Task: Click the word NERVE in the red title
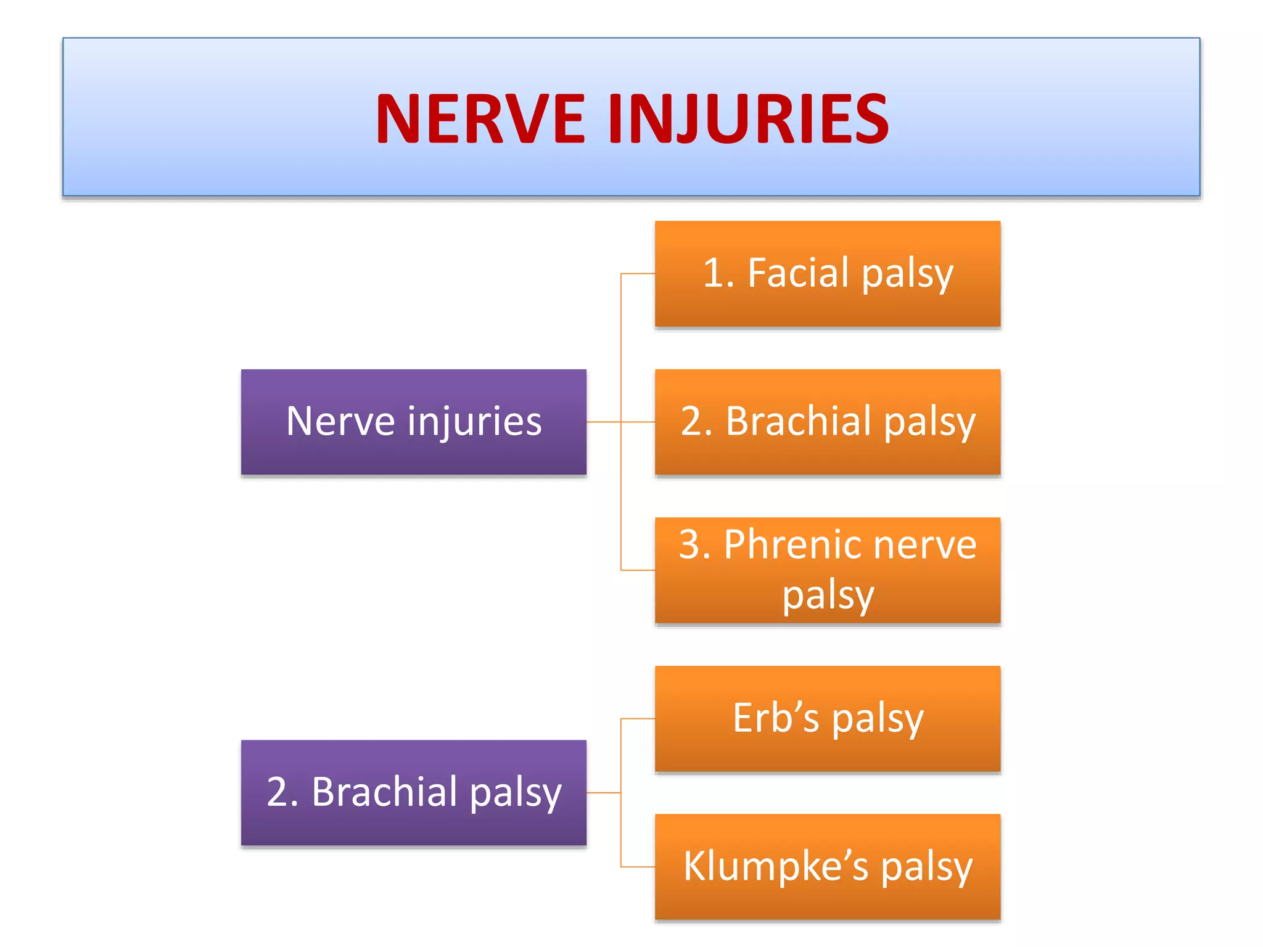[x=480, y=118]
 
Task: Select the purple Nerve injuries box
[x=413, y=422]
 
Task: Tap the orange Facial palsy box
[x=827, y=274]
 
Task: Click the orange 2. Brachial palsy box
[x=827, y=422]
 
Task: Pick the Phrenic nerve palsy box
[x=827, y=570]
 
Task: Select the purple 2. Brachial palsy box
[x=413, y=792]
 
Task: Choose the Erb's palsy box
[x=827, y=718]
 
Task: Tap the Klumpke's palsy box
[x=827, y=866]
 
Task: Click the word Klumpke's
[x=776, y=866]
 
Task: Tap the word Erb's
[x=776, y=718]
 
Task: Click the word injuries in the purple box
[x=474, y=422]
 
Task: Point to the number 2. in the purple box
[x=282, y=792]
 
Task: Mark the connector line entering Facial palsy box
[x=638, y=274]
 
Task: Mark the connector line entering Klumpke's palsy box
[x=638, y=867]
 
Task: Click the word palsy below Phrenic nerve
[x=828, y=596]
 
